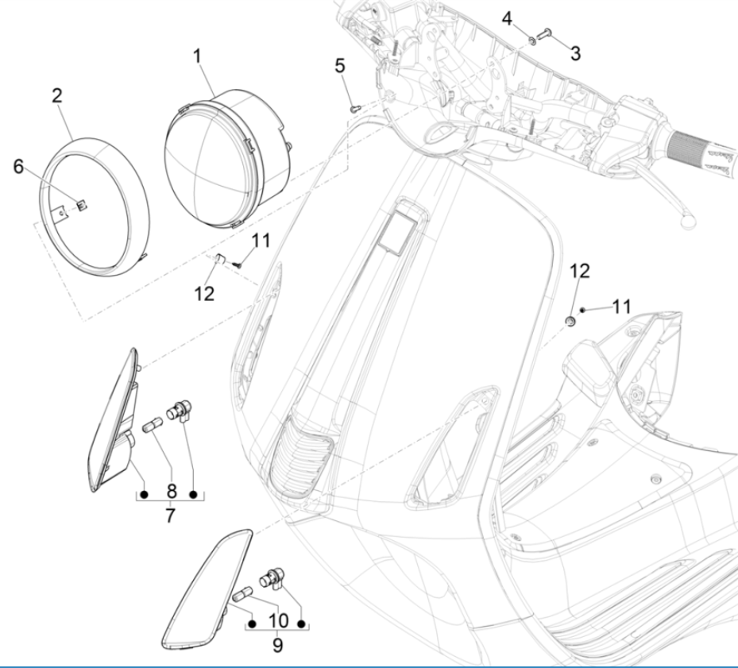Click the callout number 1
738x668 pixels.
[x=196, y=56]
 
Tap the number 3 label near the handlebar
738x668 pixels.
[x=574, y=53]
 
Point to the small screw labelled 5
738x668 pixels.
[x=355, y=108]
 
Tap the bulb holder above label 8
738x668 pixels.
[x=180, y=411]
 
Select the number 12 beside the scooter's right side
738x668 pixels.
[x=580, y=271]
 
